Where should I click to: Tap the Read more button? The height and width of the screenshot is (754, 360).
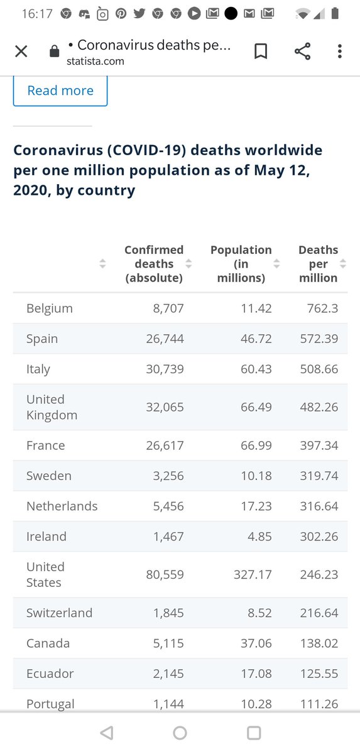coord(60,90)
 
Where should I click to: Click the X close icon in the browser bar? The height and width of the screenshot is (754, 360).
coord(21,52)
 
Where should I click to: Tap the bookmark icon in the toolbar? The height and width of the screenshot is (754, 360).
coord(260,52)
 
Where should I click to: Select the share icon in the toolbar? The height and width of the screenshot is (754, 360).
coord(302,52)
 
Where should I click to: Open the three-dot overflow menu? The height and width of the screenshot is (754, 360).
coord(339,52)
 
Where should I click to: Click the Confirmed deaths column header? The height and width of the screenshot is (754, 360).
coord(154,264)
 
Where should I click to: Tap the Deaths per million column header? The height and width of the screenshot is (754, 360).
coord(318,264)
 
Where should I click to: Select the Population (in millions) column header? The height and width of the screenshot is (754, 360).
coord(241,264)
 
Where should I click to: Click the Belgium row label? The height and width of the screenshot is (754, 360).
coord(50,309)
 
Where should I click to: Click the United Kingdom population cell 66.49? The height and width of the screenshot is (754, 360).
coord(256,407)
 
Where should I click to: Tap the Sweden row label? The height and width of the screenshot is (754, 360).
coord(49,476)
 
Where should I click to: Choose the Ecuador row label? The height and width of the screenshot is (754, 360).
coord(50,674)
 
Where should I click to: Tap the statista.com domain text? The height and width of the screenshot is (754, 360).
coord(95,61)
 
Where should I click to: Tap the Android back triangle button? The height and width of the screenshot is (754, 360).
coord(107,733)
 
